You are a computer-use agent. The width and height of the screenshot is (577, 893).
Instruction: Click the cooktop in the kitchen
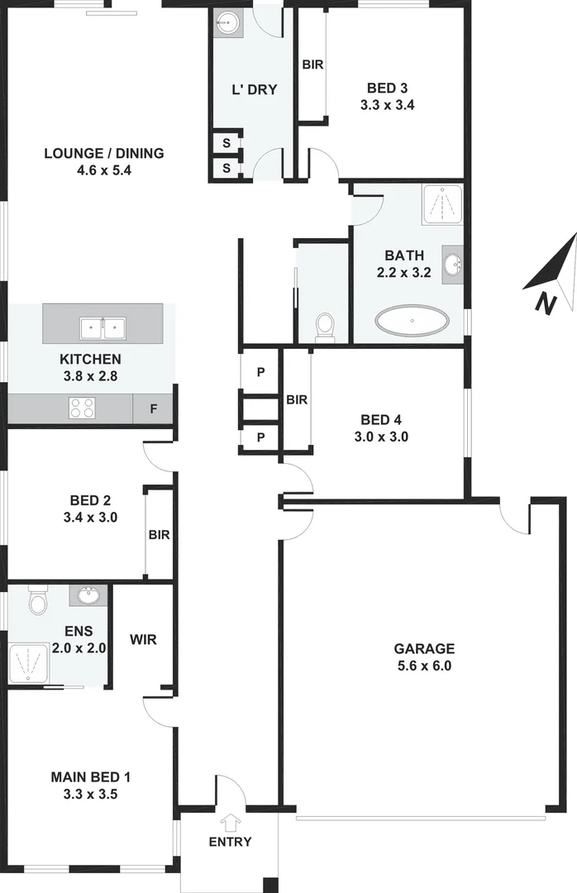[83, 407]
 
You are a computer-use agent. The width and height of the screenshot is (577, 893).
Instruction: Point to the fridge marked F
[153, 408]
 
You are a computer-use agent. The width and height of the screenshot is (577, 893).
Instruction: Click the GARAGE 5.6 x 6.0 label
[424, 657]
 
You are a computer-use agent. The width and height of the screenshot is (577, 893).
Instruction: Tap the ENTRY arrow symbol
[229, 822]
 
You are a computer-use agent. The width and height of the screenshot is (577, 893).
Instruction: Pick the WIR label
[142, 639]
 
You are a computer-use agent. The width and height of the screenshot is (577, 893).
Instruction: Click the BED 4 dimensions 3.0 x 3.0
[383, 437]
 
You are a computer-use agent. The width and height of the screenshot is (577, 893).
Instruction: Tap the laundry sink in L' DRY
[226, 22]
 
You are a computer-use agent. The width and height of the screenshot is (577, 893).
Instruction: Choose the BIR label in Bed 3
[312, 64]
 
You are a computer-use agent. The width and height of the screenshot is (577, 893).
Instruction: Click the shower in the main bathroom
[444, 204]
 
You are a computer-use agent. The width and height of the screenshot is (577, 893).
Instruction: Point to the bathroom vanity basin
[452, 265]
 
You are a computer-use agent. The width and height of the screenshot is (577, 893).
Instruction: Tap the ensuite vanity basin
[88, 595]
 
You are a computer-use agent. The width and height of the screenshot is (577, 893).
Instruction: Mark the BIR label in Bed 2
[159, 535]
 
